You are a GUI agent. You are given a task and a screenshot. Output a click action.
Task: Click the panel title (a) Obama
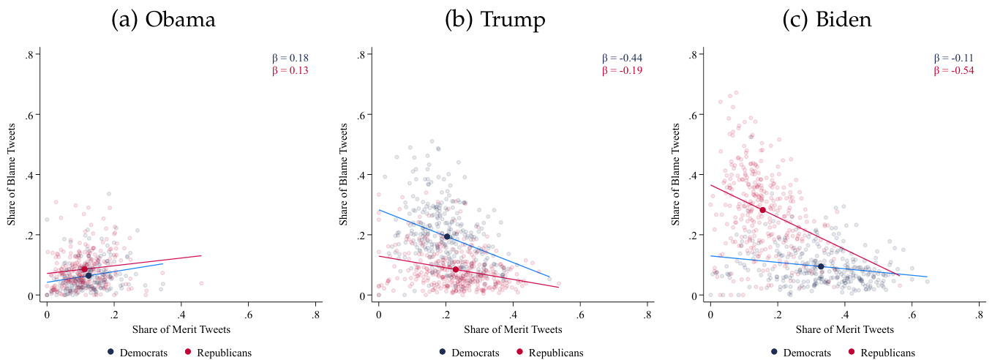(x=163, y=20)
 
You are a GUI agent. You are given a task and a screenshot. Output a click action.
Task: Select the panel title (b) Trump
(x=495, y=20)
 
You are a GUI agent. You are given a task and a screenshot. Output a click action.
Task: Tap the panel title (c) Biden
(x=827, y=20)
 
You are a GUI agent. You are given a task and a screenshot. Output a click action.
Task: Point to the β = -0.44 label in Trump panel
(x=622, y=59)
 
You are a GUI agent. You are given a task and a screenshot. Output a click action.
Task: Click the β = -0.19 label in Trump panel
(x=622, y=71)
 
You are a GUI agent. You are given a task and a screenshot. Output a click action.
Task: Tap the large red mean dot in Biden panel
(x=762, y=210)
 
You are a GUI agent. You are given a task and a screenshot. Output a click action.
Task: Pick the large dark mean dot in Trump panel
(x=447, y=236)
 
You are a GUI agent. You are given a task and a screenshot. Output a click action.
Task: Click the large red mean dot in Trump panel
(x=456, y=269)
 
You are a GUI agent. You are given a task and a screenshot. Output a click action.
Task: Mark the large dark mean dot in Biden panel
(x=821, y=266)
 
